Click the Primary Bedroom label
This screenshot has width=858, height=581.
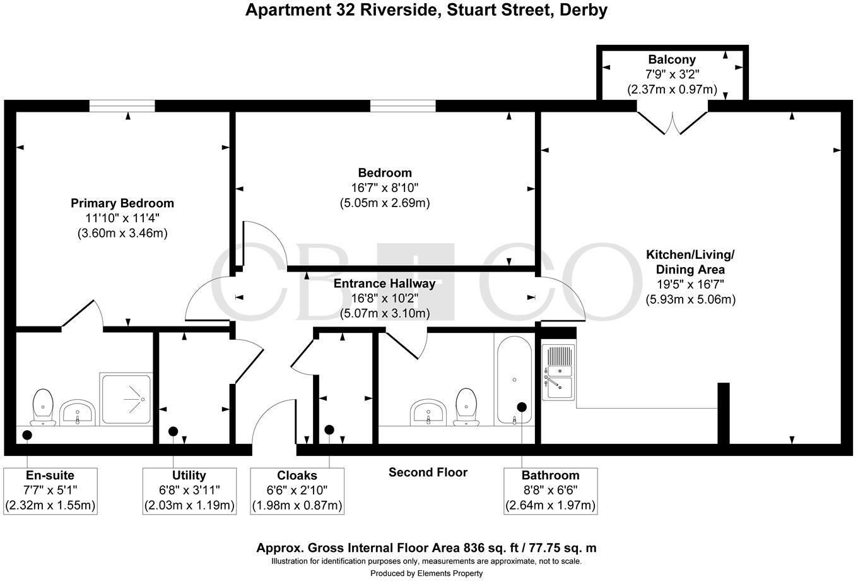click(122, 203)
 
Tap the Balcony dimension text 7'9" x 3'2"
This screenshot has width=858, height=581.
click(672, 75)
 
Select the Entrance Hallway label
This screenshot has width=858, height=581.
click(384, 284)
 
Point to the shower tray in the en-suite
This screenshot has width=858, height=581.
click(126, 399)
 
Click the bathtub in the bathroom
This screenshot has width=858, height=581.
click(515, 380)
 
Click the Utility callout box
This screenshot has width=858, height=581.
click(189, 491)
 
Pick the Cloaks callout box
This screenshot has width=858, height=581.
click(297, 491)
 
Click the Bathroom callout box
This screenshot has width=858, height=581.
click(550, 491)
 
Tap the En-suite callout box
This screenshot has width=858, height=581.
click(50, 491)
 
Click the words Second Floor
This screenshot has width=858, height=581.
click(428, 472)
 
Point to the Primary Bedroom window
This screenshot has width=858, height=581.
click(122, 106)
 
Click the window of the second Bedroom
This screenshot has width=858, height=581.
click(403, 106)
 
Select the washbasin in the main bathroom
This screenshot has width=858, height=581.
click(429, 413)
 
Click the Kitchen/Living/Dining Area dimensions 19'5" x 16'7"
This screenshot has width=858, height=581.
click(690, 284)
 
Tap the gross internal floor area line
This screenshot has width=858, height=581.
click(426, 548)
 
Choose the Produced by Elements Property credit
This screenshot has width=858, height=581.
click(426, 573)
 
